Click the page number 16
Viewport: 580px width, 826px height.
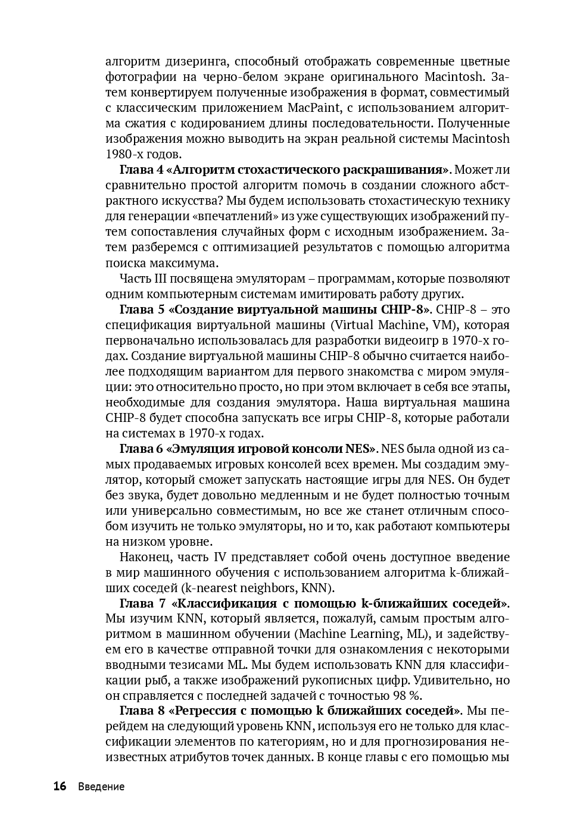pos(60,786)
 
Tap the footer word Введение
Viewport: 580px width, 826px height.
pos(101,787)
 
